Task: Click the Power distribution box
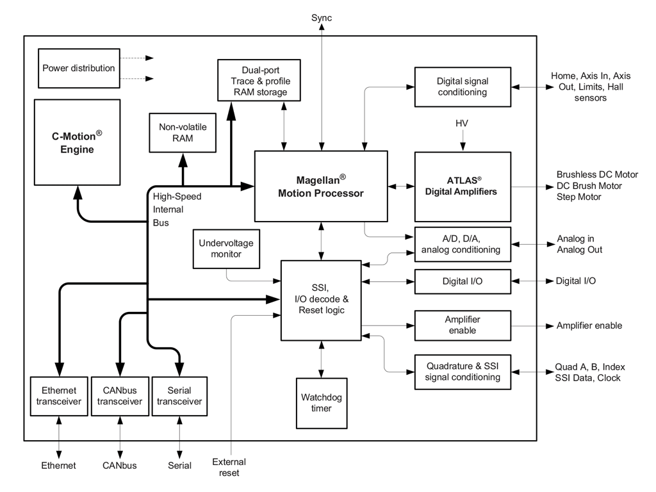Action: point(78,68)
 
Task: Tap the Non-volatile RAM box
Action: point(183,133)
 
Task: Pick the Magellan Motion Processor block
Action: point(321,186)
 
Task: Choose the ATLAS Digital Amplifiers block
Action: point(463,186)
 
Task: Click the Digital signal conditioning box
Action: point(463,86)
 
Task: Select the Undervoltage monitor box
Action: point(226,249)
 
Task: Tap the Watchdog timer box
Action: point(321,403)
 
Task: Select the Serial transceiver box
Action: point(179,396)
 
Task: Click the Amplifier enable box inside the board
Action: point(463,325)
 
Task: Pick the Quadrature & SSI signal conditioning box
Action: point(463,372)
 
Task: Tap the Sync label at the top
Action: point(322,17)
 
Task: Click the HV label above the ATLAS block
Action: point(462,123)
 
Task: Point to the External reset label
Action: point(229,467)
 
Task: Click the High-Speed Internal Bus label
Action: point(177,209)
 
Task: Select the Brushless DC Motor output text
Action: point(597,174)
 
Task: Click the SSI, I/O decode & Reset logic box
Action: point(321,300)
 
